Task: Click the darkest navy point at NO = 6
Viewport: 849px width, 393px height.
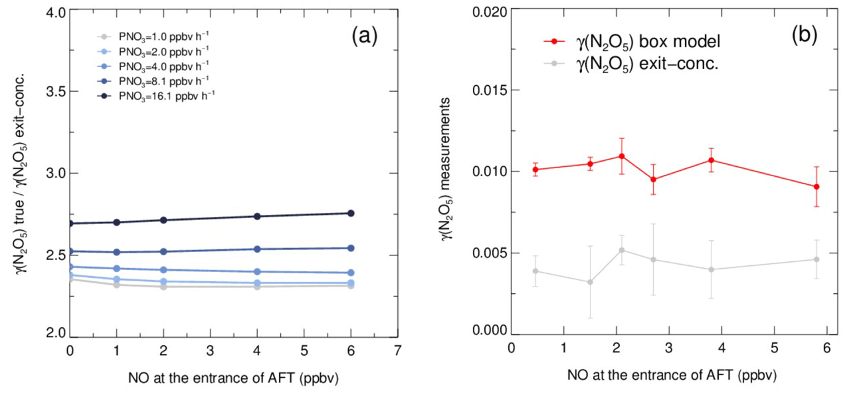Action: point(351,213)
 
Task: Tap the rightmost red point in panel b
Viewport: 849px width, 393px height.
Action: point(816,187)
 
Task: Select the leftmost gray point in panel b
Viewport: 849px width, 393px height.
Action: point(535,271)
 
